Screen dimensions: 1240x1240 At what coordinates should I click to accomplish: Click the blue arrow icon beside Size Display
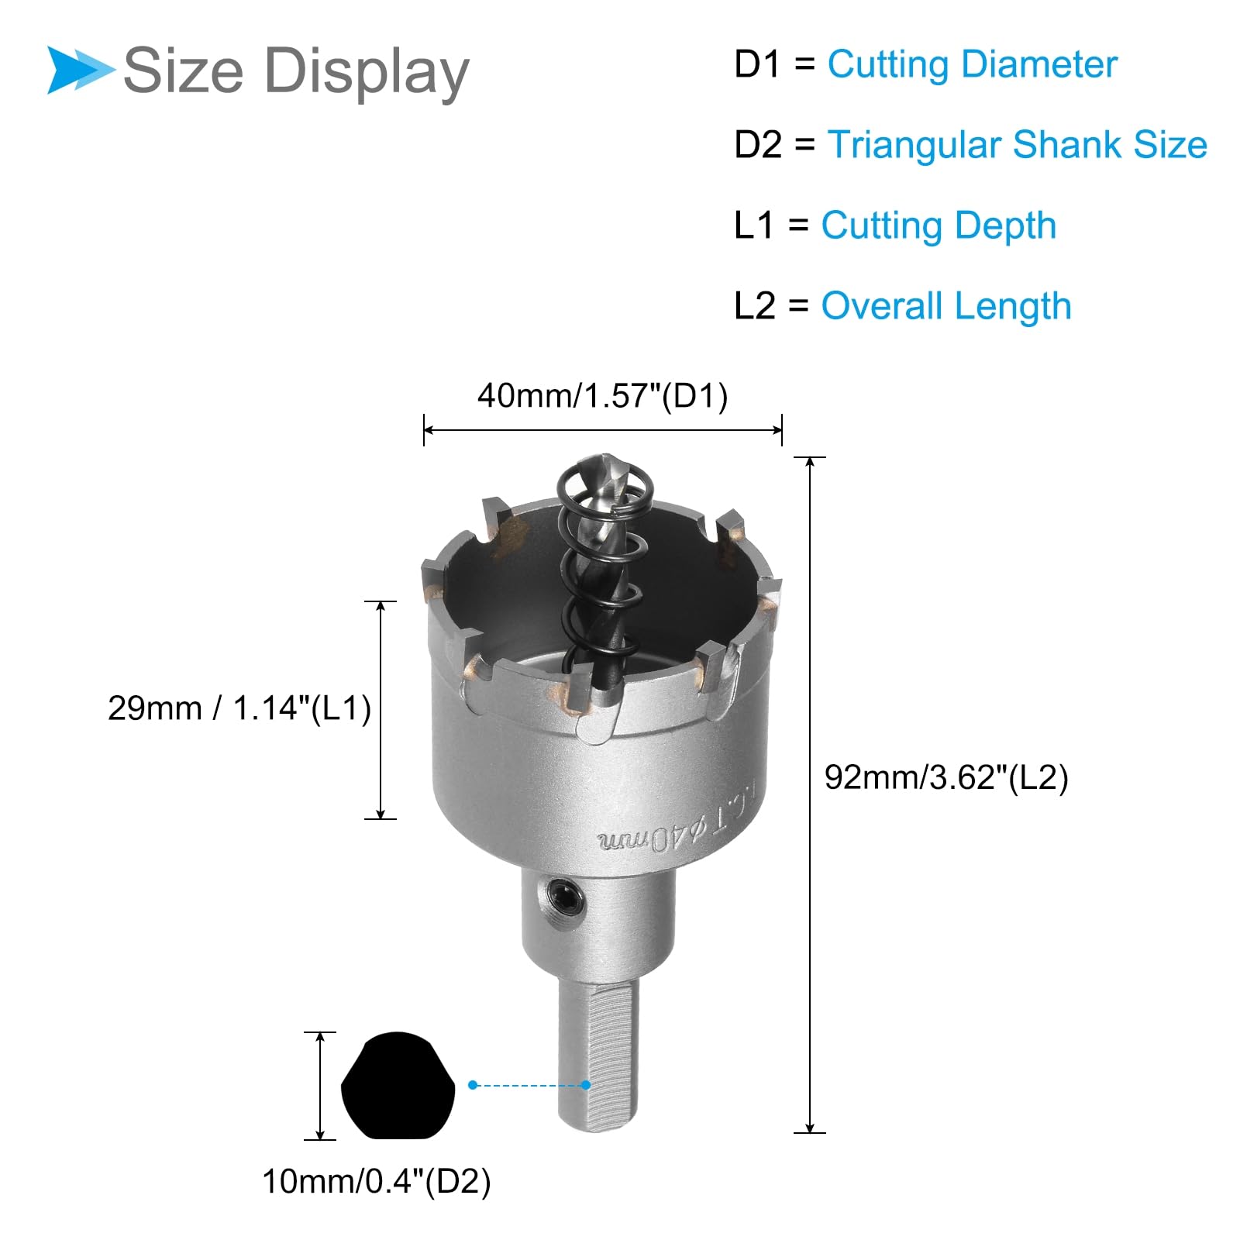pyautogui.click(x=80, y=70)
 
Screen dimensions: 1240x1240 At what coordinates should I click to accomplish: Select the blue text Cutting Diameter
pyautogui.click(x=973, y=64)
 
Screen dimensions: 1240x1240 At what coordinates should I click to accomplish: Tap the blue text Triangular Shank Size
pyautogui.click(x=1018, y=145)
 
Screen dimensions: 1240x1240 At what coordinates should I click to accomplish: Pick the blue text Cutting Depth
pyautogui.click(x=939, y=226)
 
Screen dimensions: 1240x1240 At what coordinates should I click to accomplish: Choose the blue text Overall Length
pyautogui.click(x=946, y=306)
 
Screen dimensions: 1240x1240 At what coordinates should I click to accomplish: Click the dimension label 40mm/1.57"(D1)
pyautogui.click(x=603, y=396)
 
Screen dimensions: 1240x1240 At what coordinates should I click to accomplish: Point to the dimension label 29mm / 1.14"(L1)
pyautogui.click(x=239, y=708)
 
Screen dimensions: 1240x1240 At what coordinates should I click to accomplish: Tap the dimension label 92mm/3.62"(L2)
pyautogui.click(x=946, y=777)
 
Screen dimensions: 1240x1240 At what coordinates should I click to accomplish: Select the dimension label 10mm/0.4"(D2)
pyautogui.click(x=377, y=1182)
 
